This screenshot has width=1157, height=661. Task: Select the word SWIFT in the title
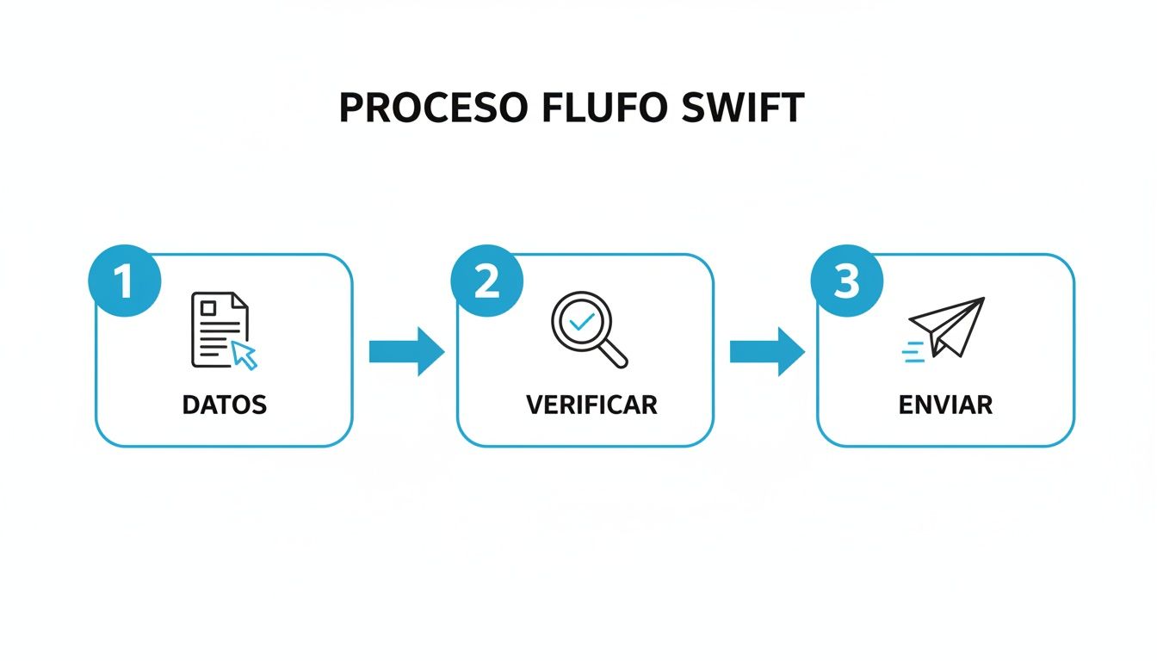coord(741,108)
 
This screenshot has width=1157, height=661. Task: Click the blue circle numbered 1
coord(125,281)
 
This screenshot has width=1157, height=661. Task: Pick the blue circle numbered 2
coord(486,281)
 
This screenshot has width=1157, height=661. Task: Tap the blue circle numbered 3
coord(847,281)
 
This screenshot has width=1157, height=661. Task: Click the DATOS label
coord(225,405)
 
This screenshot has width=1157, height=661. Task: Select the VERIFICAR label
coord(591,405)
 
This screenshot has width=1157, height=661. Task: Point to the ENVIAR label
coord(945,405)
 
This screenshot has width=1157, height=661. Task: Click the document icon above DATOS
coord(219,330)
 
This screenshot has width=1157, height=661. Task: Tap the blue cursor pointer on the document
coord(245,355)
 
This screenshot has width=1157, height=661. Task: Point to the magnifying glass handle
coord(614,354)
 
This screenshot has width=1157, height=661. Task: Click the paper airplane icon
coord(947,327)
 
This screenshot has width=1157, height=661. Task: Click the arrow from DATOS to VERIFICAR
coord(406,351)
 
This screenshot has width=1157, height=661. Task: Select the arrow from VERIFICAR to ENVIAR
coord(767,351)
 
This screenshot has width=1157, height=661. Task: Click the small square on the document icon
coord(207,306)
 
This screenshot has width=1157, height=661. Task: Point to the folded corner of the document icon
coord(239,301)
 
